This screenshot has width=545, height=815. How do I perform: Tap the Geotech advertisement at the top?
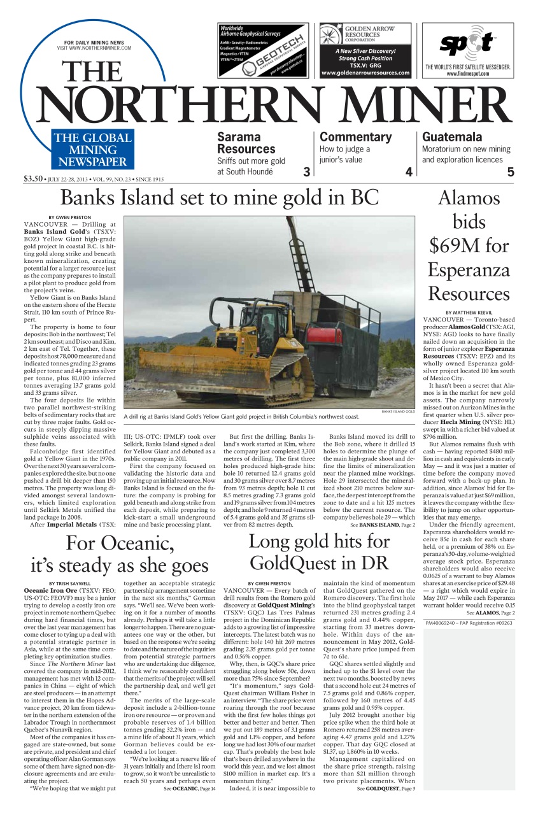(264, 50)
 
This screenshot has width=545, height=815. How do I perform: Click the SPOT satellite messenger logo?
(468, 45)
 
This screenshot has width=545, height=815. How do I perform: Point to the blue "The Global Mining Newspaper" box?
(93, 150)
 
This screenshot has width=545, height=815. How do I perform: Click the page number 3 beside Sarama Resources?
(306, 172)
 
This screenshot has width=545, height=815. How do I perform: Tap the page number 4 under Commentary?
(409, 172)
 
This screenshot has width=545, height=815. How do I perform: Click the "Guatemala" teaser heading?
(452, 137)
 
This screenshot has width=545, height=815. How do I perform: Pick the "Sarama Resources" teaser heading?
(246, 143)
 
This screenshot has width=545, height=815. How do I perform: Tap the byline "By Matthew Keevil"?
(469, 312)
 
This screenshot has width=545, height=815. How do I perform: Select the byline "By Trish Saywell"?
(69, 583)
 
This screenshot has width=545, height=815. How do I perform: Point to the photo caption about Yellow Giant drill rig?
(242, 416)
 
